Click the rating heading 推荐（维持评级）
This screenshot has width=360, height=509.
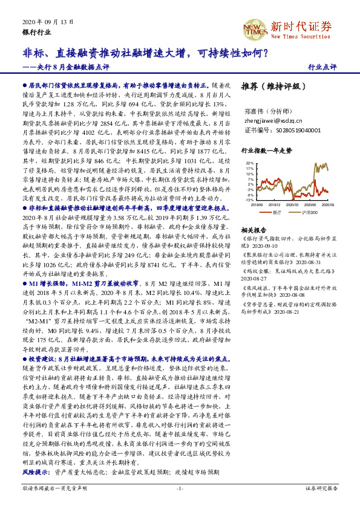(x=269, y=86)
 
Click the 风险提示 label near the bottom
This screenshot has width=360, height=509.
(x=34, y=470)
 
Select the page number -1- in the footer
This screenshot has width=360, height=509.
(x=180, y=488)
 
